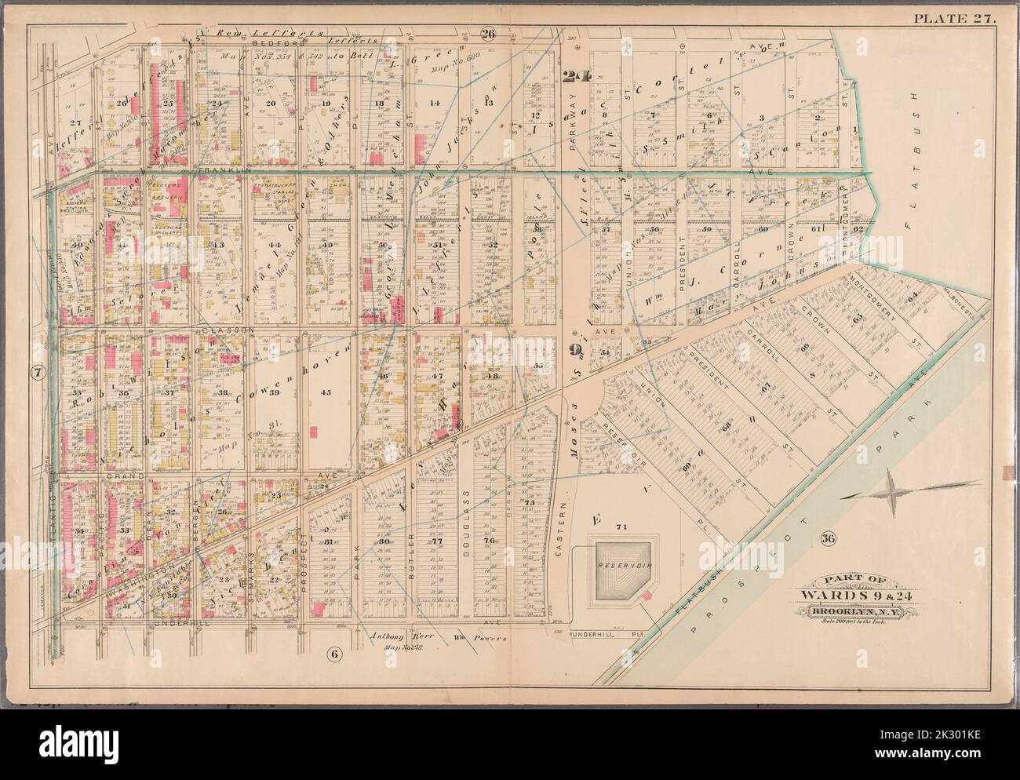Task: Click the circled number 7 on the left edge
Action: click(37, 370)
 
